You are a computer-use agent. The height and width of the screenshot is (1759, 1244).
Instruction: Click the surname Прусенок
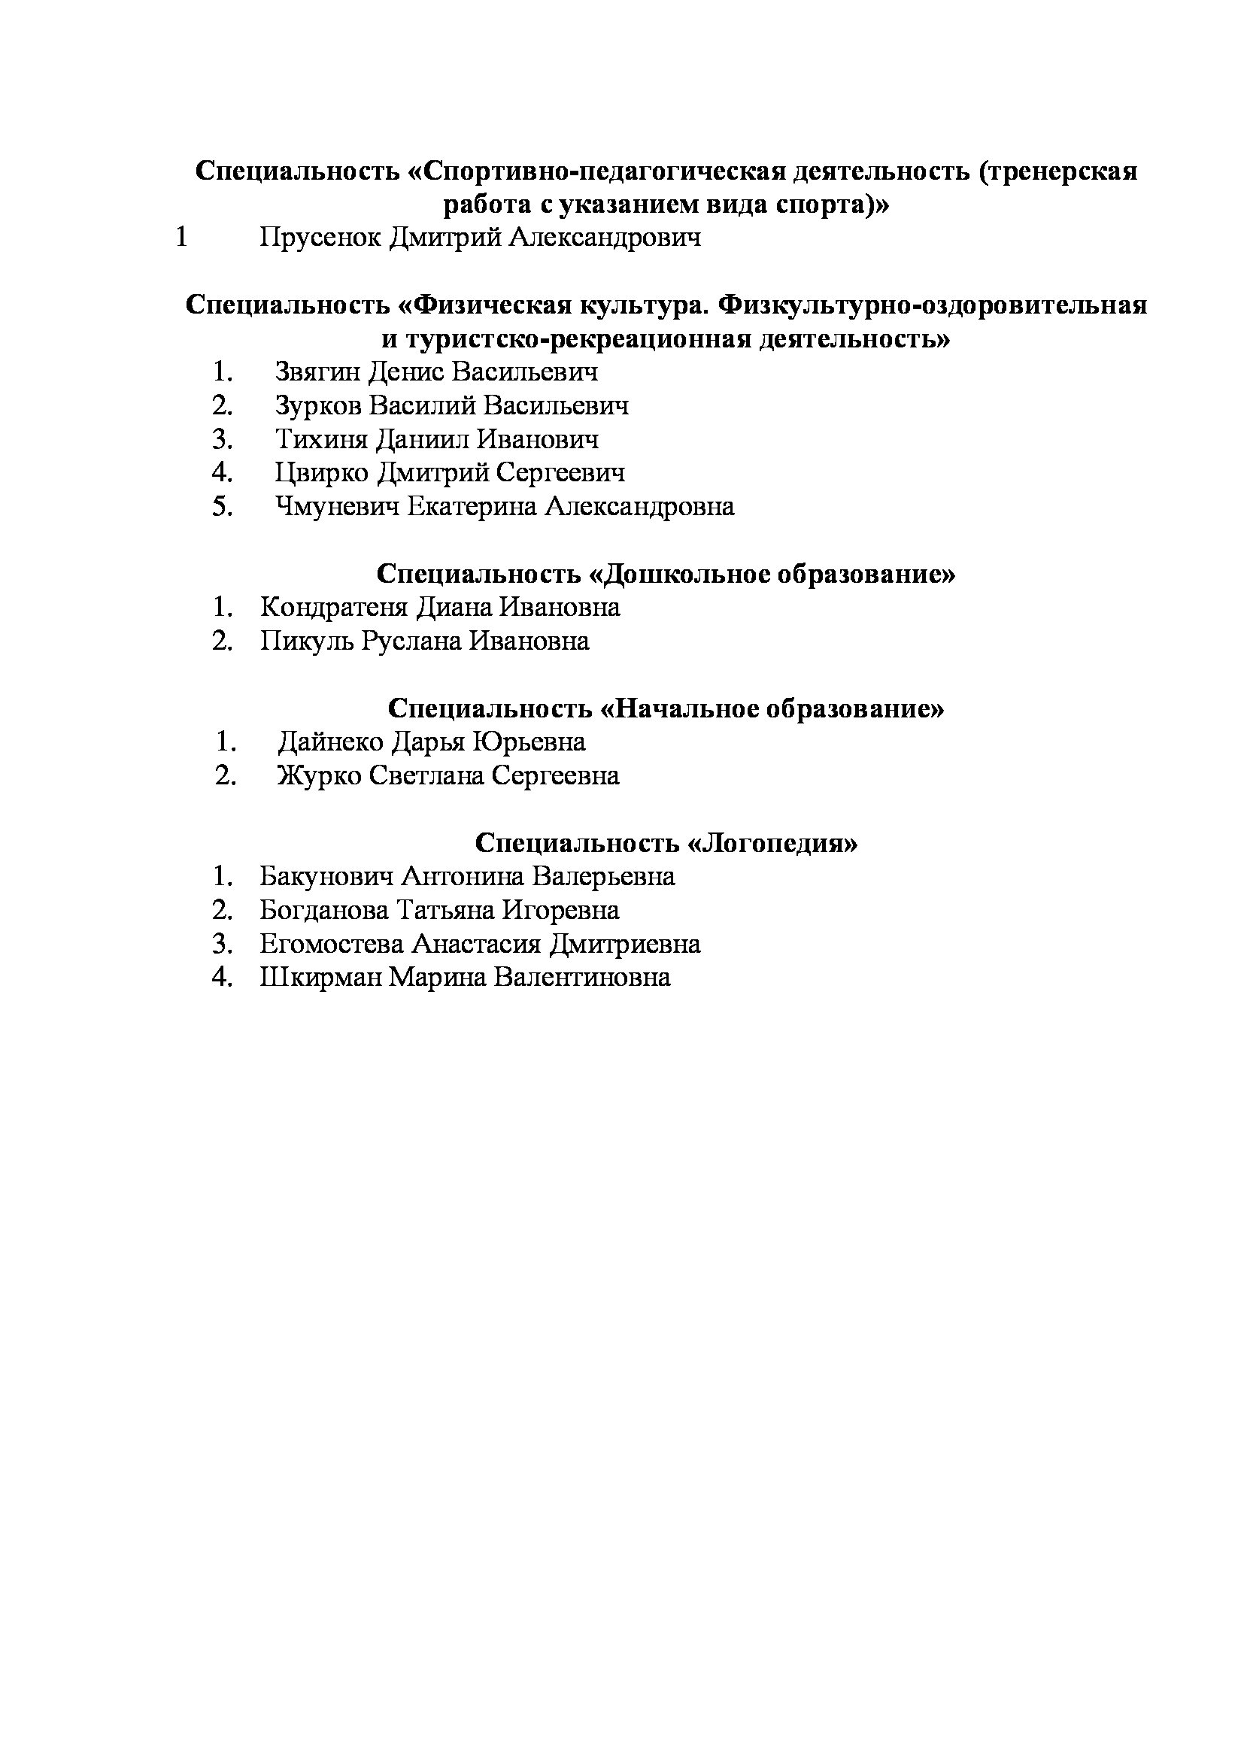tap(320, 238)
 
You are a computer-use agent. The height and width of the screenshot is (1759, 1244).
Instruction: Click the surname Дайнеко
tap(332, 742)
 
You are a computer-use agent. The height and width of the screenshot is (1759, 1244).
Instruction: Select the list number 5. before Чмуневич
tap(223, 507)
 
